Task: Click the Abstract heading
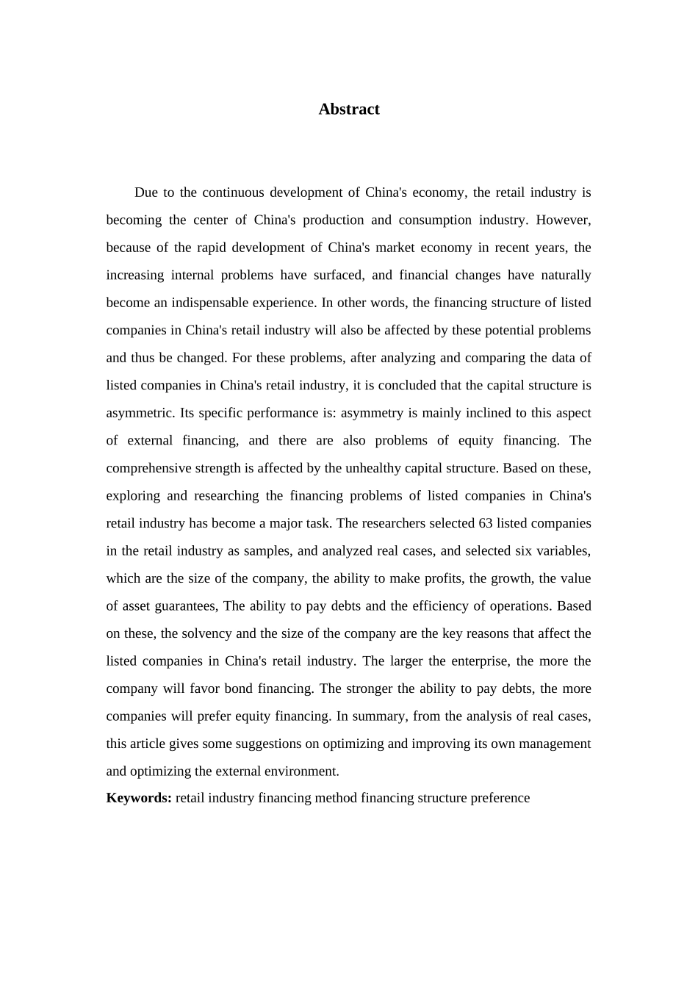(x=349, y=109)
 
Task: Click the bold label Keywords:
(x=139, y=798)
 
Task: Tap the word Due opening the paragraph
(x=145, y=193)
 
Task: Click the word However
(x=566, y=220)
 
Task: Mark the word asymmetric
(x=140, y=413)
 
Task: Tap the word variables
(x=564, y=550)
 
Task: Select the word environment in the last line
(x=303, y=771)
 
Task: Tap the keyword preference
(x=497, y=798)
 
